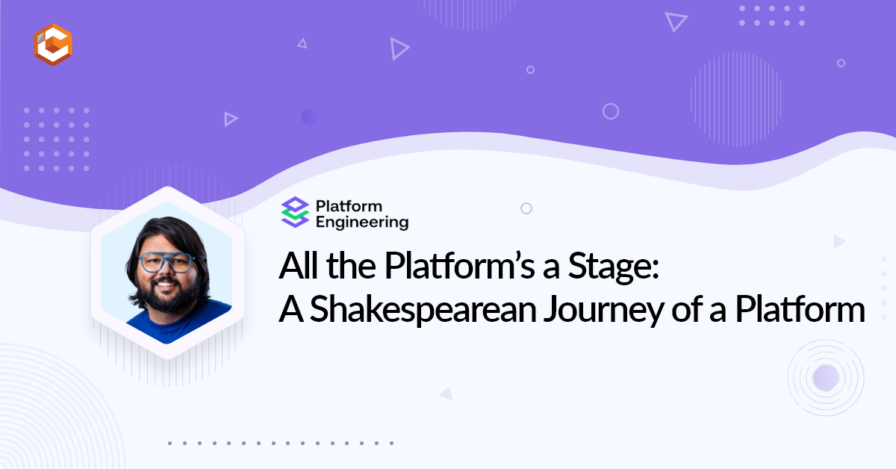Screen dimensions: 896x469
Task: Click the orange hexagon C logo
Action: (53, 44)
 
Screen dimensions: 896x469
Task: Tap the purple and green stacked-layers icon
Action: (295, 212)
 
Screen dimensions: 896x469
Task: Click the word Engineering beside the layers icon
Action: (362, 223)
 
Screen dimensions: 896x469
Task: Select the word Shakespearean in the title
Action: (423, 310)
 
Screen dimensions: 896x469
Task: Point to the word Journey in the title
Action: (603, 311)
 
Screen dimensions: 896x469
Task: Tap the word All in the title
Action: (299, 265)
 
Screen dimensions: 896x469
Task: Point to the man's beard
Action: (168, 295)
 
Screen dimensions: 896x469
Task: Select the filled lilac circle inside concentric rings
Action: (826, 378)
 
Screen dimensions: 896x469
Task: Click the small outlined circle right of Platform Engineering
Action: (526, 208)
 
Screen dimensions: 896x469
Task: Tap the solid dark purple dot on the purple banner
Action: (309, 117)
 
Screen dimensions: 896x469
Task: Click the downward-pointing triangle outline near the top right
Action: (676, 21)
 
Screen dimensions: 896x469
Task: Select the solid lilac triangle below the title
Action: (447, 394)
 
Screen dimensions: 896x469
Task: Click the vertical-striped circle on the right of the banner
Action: (736, 99)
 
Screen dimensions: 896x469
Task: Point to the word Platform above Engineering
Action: (349, 206)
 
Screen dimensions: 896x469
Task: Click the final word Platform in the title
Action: (800, 309)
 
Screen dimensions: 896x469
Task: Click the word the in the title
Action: (351, 265)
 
